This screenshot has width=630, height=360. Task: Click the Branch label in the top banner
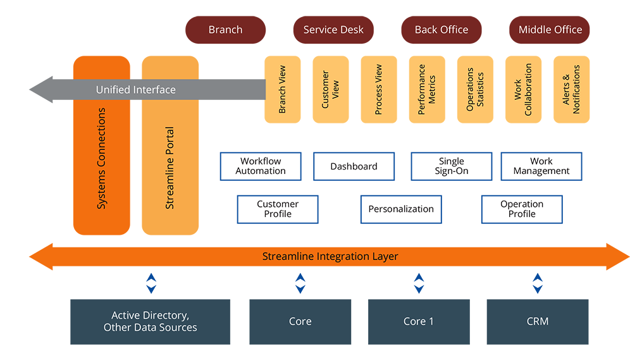(x=225, y=30)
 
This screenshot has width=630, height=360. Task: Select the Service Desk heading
(x=333, y=30)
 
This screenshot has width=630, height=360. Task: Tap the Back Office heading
(x=442, y=30)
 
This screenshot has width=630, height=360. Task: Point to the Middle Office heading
(x=550, y=30)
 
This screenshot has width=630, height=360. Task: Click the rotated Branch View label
(x=282, y=90)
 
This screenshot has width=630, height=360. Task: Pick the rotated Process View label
(x=378, y=90)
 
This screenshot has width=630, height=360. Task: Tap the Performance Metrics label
(x=426, y=90)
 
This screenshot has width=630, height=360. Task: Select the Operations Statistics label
(x=474, y=90)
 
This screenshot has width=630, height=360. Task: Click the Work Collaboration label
(x=523, y=90)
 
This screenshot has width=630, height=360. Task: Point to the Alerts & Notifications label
(x=571, y=90)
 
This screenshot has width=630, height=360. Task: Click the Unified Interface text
(x=135, y=90)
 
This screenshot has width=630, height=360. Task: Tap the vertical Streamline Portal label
(x=170, y=168)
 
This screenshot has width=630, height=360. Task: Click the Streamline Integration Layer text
(x=330, y=256)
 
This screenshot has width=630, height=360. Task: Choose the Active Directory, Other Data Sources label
(x=151, y=321)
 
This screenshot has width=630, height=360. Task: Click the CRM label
(x=537, y=321)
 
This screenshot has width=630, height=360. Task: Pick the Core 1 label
(x=419, y=321)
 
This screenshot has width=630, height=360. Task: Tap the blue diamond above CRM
(x=537, y=283)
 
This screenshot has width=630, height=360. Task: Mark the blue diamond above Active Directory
(x=151, y=283)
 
